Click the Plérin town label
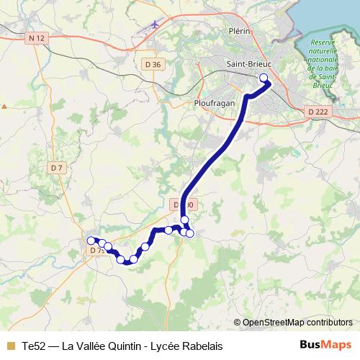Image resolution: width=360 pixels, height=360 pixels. coord(238,32)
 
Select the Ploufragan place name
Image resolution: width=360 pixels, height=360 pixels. coord(215,103)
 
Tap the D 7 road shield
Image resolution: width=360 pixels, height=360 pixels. coord(58,168)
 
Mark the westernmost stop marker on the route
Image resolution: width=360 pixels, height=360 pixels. coord(91,240)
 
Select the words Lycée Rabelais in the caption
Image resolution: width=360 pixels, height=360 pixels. coord(185,346)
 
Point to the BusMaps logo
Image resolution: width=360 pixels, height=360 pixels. coord(325,346)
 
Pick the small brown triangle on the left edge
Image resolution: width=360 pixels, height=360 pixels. coord(4,106)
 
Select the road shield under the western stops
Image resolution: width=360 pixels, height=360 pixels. coord(97,250)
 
